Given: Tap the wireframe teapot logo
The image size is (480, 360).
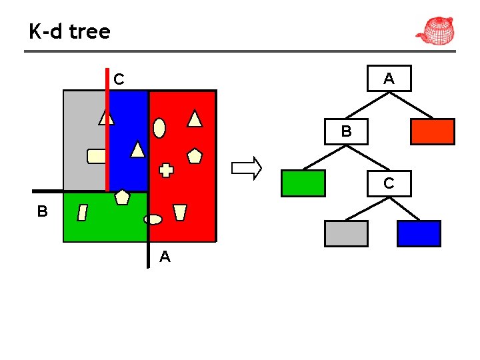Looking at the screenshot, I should (435, 30).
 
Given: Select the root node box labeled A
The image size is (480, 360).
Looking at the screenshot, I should (389, 78).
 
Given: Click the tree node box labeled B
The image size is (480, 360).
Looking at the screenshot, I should (346, 131).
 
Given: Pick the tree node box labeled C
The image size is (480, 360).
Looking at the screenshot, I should (389, 183).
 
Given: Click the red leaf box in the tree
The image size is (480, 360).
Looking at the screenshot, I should (432, 131).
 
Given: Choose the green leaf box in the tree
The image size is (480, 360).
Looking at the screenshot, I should (303, 183).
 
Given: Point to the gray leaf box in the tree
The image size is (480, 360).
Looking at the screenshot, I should (346, 233).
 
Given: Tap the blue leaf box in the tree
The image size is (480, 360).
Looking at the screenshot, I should (419, 233).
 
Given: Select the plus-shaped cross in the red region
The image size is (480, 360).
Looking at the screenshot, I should (167, 170).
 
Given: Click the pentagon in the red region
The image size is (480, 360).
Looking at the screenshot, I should (195, 156).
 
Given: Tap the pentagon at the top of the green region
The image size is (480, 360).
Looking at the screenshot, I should (122, 197).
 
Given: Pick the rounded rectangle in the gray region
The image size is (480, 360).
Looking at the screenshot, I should (97, 156).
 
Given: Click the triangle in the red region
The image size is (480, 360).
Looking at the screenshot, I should (195, 119).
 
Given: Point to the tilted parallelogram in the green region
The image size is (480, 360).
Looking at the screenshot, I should (83, 213).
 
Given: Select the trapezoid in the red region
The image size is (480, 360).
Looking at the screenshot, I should (179, 212).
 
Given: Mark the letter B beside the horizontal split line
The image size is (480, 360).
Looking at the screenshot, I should (43, 211).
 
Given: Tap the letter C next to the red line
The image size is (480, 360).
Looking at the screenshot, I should (119, 79).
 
